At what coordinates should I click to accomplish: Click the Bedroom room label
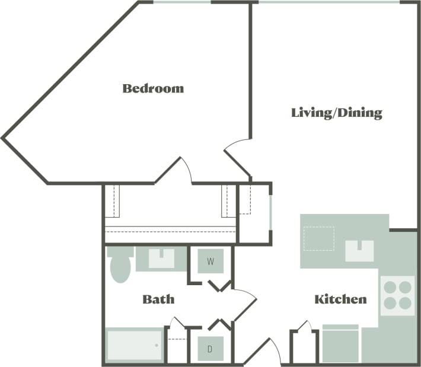point(153,89)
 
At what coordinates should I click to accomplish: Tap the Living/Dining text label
point(336,113)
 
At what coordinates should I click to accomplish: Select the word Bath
point(158,299)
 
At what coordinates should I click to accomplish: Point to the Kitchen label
point(340,299)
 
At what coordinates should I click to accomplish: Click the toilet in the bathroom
point(120,265)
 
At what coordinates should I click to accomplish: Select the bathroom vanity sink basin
point(161,259)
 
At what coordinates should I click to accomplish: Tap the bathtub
point(135,344)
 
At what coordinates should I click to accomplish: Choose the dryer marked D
point(210,349)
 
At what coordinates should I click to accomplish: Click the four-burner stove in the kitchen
point(397,295)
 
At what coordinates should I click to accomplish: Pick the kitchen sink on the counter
point(359,251)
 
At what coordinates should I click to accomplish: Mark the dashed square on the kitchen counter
point(318,238)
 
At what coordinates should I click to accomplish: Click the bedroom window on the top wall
point(181,2)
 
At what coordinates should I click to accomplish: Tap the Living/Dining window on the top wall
point(329,2)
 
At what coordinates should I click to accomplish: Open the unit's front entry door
point(264,351)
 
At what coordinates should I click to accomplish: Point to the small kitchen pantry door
point(302,328)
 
